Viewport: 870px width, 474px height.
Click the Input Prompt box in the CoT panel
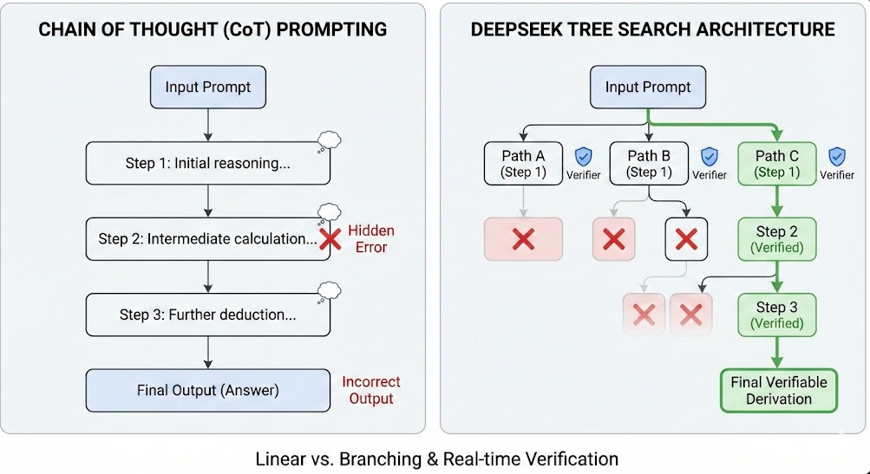(x=207, y=88)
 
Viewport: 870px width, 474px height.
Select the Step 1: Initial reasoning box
(x=207, y=164)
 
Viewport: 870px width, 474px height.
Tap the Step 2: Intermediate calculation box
(x=207, y=239)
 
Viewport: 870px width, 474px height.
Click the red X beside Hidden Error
(x=330, y=240)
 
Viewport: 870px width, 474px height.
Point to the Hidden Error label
(x=371, y=239)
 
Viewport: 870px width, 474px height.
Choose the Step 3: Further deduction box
(x=207, y=315)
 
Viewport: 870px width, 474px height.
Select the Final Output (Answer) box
(x=207, y=390)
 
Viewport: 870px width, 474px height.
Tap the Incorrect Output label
(x=371, y=390)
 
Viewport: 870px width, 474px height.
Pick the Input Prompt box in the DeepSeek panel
(x=648, y=88)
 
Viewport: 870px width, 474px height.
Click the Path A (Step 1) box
(x=523, y=163)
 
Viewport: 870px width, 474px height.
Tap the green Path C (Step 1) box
(x=776, y=163)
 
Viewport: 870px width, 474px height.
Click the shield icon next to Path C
(x=837, y=156)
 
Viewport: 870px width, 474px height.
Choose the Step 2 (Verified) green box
(x=776, y=239)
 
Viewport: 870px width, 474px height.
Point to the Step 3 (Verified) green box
(x=776, y=315)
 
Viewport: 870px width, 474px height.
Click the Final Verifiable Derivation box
(x=778, y=391)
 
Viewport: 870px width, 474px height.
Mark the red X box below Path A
(x=523, y=239)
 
